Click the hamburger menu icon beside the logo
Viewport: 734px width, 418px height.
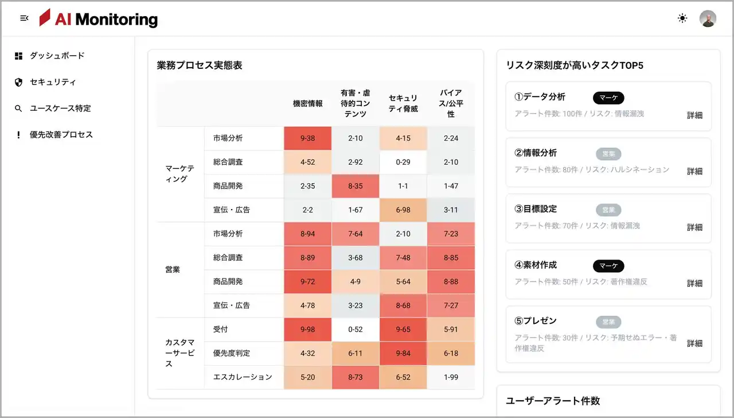pyautogui.click(x=24, y=18)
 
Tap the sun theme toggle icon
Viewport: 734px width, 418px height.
pyautogui.click(x=682, y=18)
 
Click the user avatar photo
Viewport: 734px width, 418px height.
pyautogui.click(x=708, y=18)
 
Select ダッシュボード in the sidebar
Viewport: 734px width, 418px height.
pyautogui.click(x=57, y=56)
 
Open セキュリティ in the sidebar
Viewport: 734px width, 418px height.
pyautogui.click(x=53, y=82)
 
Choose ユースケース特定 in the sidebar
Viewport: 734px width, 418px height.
pyautogui.click(x=60, y=109)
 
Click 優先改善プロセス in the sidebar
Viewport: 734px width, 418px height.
pyautogui.click(x=61, y=135)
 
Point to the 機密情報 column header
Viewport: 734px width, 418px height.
pyautogui.click(x=308, y=104)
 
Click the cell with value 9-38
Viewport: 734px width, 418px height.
pyautogui.click(x=308, y=138)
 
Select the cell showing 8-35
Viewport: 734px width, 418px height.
pyautogui.click(x=356, y=186)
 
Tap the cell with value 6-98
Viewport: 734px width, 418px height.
pyautogui.click(x=403, y=210)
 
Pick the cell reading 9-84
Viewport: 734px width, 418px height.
pyautogui.click(x=403, y=354)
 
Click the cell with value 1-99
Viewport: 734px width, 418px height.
pyautogui.click(x=451, y=377)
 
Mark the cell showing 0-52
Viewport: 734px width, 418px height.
pyautogui.click(x=356, y=330)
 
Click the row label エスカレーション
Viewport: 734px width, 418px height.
pyautogui.click(x=243, y=377)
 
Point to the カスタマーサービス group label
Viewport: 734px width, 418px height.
pyautogui.click(x=180, y=353)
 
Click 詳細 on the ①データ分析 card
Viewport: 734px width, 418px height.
pyautogui.click(x=694, y=115)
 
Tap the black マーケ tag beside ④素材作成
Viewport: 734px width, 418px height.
pyautogui.click(x=608, y=266)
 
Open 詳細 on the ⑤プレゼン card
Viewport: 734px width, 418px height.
pyautogui.click(x=694, y=343)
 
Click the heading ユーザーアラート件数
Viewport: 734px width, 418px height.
pyautogui.click(x=553, y=401)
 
